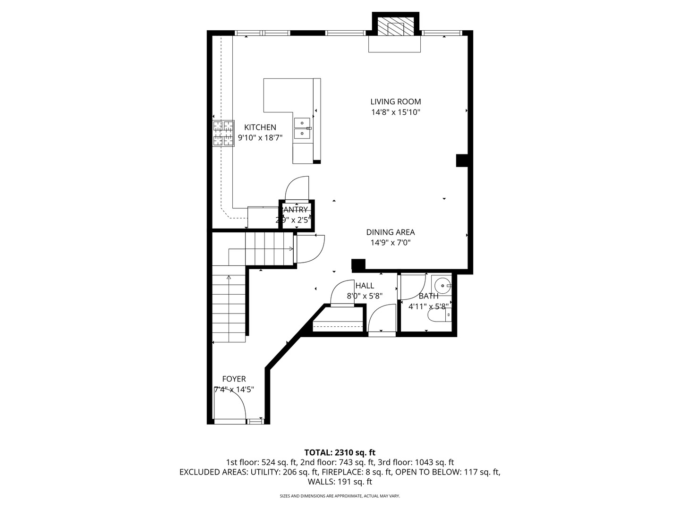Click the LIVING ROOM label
pos(395,102)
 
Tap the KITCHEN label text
pos(260,127)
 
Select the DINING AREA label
pos(391,232)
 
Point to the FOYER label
pos(234,379)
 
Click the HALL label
pos(365,286)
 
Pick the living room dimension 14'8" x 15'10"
pos(395,112)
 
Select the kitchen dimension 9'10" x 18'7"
pos(260,138)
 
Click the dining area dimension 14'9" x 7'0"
pos(391,243)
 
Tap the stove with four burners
pos(223,133)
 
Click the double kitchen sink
pos(302,129)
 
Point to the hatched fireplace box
pos(396,27)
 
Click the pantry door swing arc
pos(297,188)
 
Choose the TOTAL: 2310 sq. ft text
pos(340,452)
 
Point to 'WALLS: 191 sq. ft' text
pos(340,482)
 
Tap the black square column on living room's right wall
pos(462,161)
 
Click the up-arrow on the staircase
pos(229,278)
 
